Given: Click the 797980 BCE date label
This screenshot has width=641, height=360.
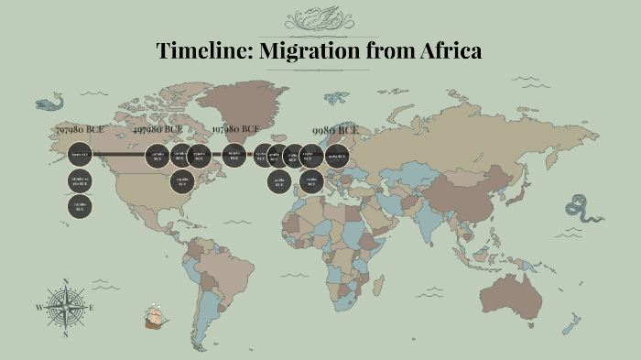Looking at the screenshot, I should [x=83, y=131].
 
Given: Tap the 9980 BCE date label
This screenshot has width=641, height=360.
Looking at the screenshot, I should [x=335, y=131].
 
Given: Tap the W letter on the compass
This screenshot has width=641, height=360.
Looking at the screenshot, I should [x=38, y=308].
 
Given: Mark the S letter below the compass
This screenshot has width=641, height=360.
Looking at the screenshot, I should [x=66, y=335].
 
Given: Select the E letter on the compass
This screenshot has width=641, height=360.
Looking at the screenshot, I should [x=92, y=308].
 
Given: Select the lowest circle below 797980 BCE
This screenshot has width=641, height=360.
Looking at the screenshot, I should [x=80, y=207].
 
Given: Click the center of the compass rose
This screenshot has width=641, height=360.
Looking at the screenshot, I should [x=66, y=308].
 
